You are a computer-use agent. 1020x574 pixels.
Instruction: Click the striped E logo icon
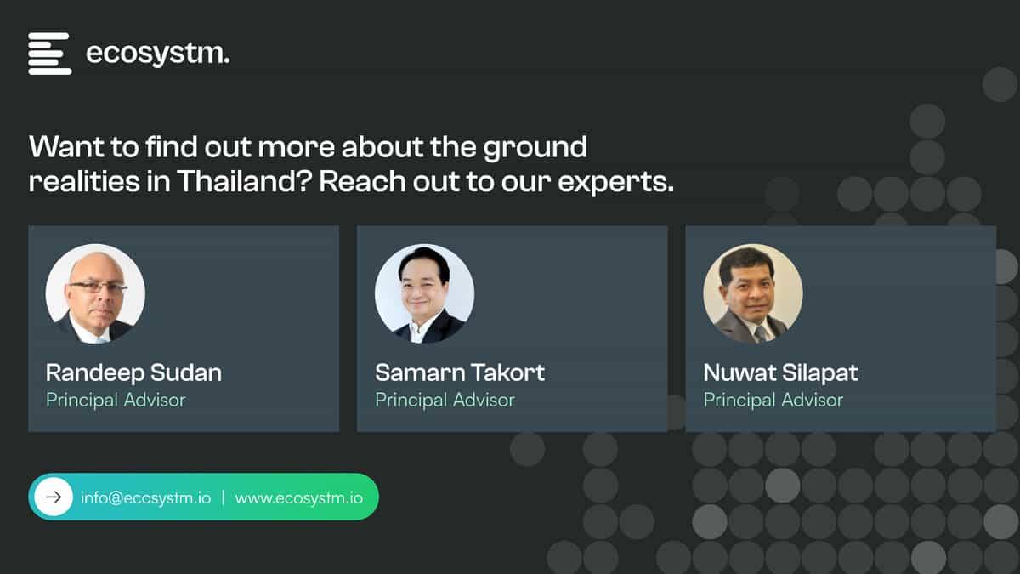[50, 54]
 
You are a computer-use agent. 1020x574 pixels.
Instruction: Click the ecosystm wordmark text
[157, 54]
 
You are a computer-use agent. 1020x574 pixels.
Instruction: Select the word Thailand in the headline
[244, 181]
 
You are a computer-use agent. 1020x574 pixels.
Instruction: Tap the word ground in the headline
[535, 149]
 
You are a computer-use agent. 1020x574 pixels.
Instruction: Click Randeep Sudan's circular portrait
[95, 294]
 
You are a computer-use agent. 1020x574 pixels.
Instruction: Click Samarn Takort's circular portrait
[424, 294]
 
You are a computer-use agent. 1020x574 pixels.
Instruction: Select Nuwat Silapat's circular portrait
[753, 294]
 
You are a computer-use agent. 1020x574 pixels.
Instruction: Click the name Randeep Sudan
[134, 373]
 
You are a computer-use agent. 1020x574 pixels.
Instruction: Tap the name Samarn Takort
[460, 372]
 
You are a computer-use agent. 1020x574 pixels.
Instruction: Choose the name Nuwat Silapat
[781, 373]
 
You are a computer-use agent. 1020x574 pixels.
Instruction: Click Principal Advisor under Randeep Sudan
[116, 401]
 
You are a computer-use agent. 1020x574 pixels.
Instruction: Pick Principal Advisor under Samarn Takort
[445, 401]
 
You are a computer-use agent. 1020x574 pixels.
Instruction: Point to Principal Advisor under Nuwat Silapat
[773, 401]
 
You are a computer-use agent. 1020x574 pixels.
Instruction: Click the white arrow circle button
[54, 497]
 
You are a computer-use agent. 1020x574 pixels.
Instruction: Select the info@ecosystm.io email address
[145, 498]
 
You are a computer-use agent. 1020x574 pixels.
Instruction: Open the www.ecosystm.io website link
[299, 498]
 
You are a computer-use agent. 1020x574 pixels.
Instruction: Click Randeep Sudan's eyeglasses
[98, 287]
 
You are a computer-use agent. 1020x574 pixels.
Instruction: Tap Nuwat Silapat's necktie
[761, 334]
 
